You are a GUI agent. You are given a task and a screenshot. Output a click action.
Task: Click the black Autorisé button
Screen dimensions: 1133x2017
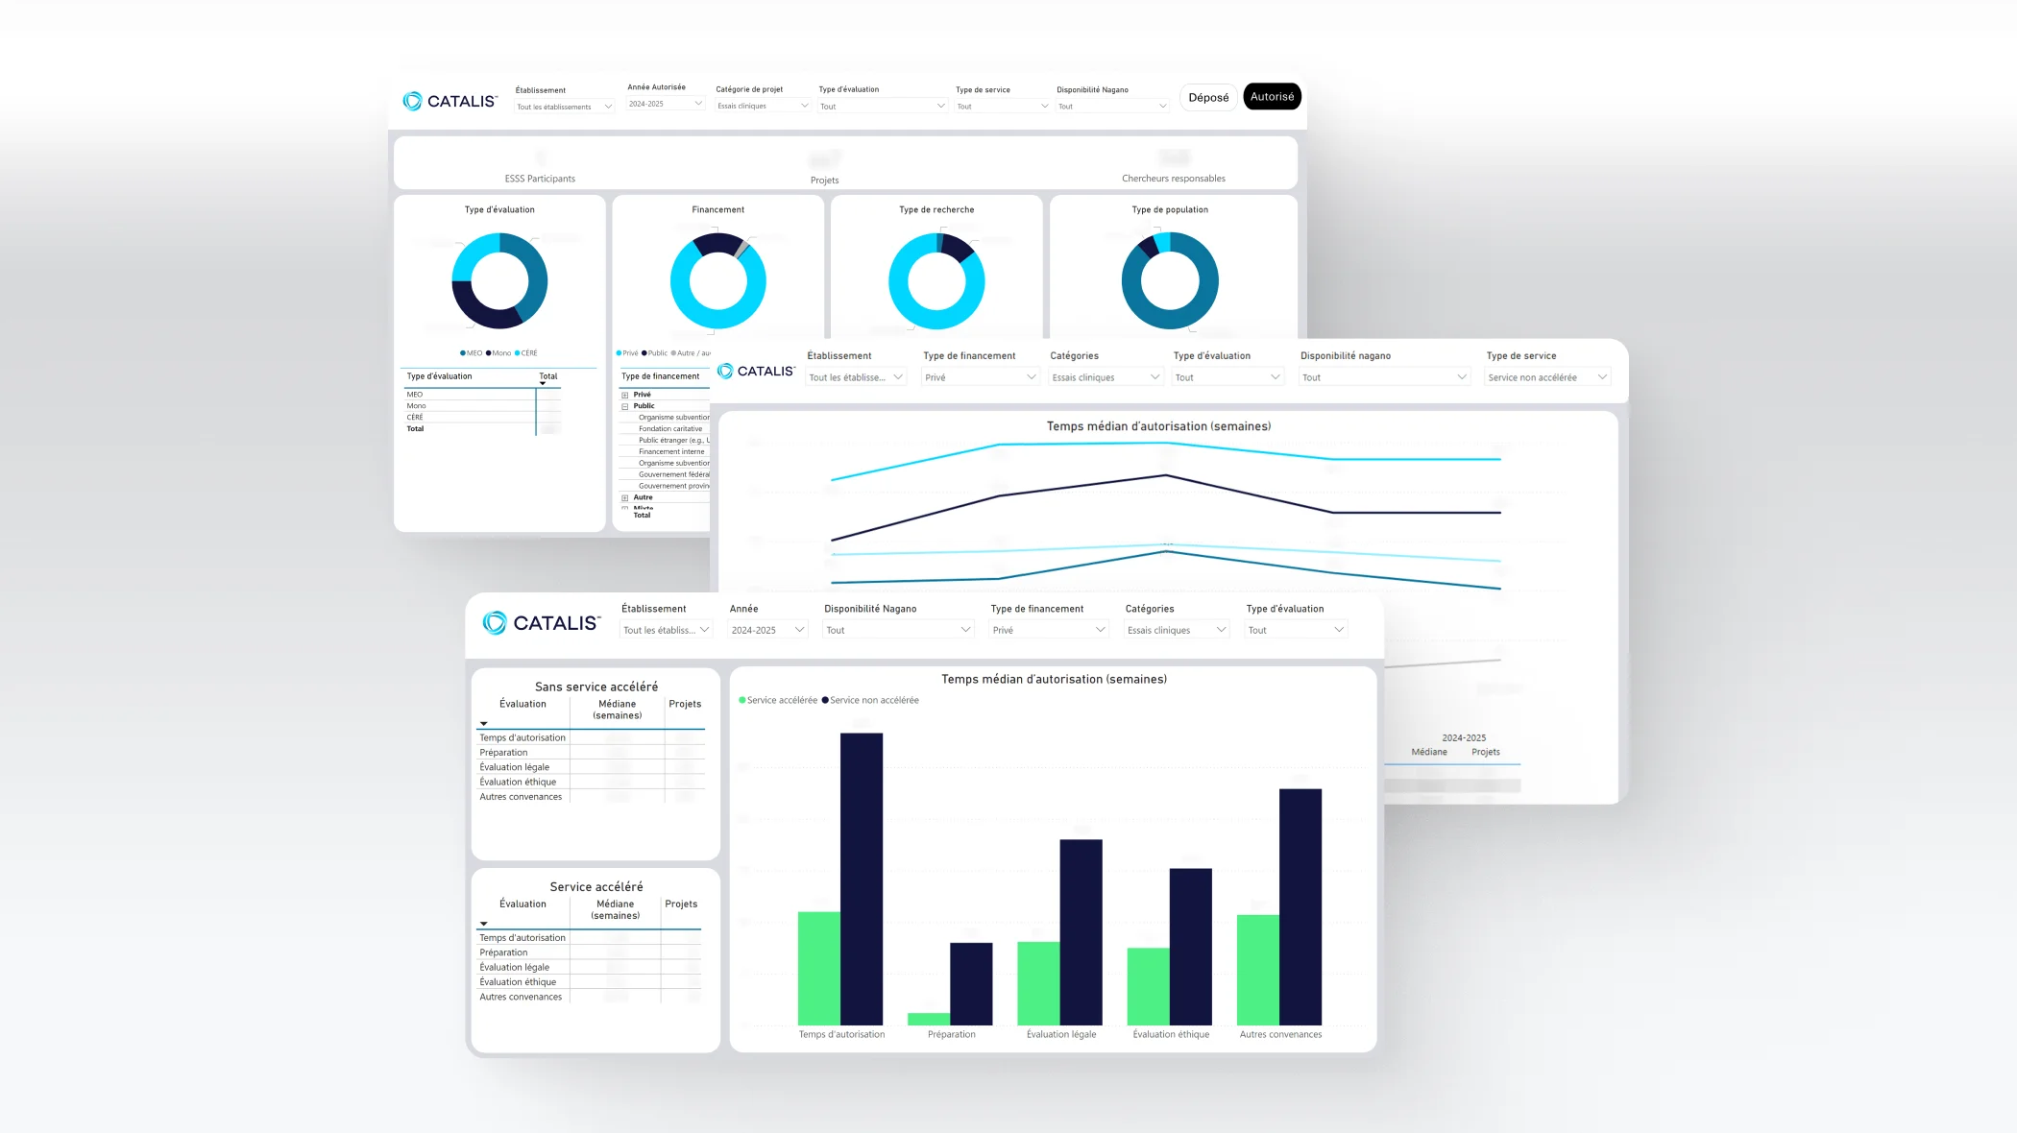coord(1272,97)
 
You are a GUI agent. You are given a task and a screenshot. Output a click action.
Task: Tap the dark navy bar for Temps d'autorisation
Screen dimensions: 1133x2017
coord(861,879)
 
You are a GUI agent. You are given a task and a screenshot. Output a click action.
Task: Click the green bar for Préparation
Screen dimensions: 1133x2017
coord(928,1019)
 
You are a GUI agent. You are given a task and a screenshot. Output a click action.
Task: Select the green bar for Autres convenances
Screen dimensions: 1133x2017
coord(1257,970)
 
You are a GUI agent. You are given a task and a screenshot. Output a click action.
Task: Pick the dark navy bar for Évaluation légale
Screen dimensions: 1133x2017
coord(1081,931)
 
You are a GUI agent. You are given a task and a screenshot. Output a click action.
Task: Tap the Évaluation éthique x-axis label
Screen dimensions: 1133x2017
coord(1171,1035)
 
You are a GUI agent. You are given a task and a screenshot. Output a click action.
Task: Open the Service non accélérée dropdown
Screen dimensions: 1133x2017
coord(1546,378)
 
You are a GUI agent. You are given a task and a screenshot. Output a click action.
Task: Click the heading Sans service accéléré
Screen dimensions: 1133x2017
coord(596,687)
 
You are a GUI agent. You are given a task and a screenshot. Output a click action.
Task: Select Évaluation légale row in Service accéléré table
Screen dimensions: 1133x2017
coord(515,968)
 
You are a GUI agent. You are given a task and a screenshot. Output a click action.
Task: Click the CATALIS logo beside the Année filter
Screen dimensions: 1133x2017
coord(542,623)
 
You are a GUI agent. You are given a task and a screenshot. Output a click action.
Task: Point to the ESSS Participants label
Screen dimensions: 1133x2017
coord(540,180)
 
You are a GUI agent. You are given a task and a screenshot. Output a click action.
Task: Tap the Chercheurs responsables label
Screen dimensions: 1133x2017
coord(1173,180)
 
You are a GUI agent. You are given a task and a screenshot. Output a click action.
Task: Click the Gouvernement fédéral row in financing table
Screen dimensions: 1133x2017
coord(673,475)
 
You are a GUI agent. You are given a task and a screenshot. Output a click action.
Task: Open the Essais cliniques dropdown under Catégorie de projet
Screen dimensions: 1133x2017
coord(763,107)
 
